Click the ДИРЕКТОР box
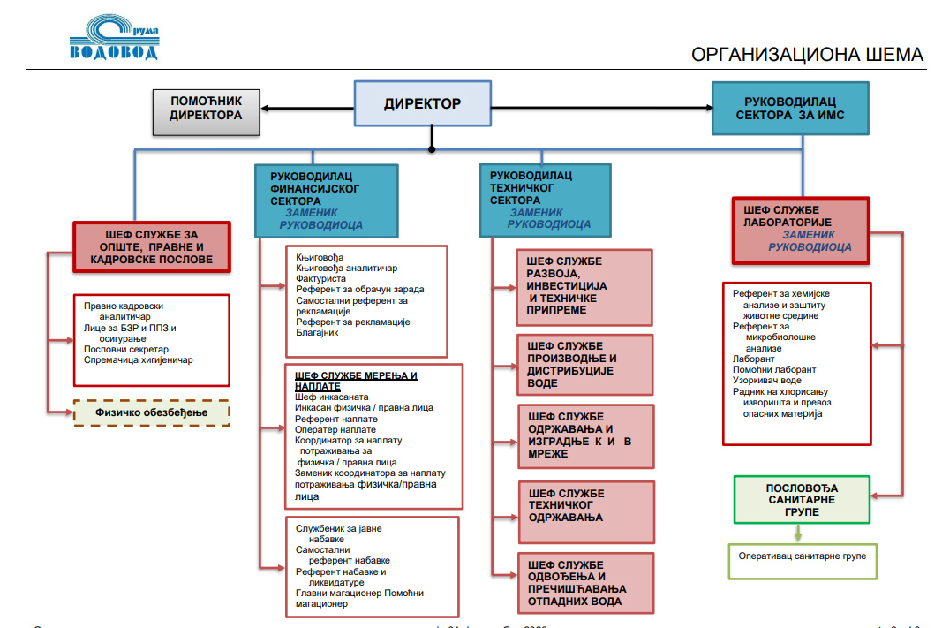[423, 104]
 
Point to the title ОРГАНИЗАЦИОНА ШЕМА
[807, 55]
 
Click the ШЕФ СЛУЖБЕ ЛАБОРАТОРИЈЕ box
[801, 230]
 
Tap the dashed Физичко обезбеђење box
[151, 412]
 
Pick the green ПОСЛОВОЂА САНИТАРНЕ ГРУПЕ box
[802, 500]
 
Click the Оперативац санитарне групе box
[802, 556]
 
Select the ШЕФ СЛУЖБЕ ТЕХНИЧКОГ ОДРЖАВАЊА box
[586, 512]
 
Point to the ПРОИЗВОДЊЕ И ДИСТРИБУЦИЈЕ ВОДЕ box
[586, 365]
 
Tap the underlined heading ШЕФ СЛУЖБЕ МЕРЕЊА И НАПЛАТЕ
[357, 381]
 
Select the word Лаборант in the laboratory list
[753, 359]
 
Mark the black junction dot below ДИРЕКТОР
[432, 149]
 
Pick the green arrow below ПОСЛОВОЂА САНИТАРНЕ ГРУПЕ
[798, 533]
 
